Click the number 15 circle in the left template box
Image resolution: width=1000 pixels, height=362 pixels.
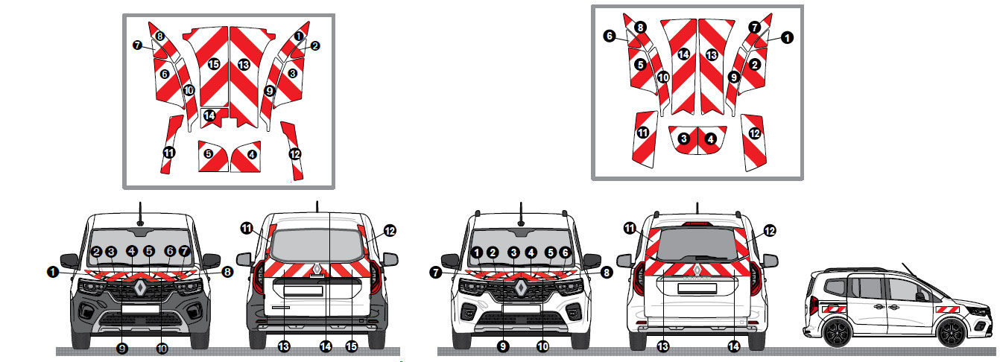(214, 65)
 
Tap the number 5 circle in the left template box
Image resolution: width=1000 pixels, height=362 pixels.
(209, 154)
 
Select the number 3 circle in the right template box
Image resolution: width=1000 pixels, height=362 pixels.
(683, 139)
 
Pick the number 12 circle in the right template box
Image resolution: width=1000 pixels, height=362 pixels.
(754, 133)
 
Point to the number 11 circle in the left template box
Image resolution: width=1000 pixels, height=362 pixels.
(169, 152)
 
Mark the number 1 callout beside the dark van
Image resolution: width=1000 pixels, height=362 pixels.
(53, 273)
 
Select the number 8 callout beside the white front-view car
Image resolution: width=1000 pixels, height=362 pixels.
(606, 273)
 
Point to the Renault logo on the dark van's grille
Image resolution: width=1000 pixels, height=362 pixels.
(140, 286)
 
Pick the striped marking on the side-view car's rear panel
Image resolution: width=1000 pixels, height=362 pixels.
(832, 308)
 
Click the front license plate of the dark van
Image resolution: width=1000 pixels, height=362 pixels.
(140, 310)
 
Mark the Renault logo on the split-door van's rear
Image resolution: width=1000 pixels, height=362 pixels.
(317, 269)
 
